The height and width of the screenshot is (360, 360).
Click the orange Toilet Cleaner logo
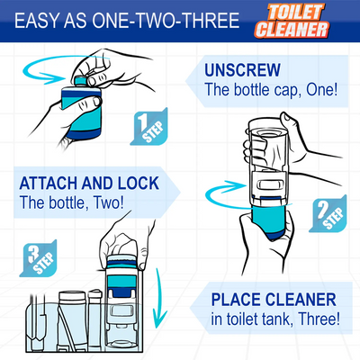pyautogui.click(x=292, y=21)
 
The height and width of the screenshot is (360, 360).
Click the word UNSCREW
pyautogui.click(x=242, y=70)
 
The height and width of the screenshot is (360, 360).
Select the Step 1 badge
pyautogui.click(x=148, y=127)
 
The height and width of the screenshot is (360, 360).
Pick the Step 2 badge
pyautogui.click(x=328, y=213)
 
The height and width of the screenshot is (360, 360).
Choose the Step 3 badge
pyautogui.click(x=38, y=258)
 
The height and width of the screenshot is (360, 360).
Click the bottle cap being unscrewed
pyautogui.click(x=80, y=81)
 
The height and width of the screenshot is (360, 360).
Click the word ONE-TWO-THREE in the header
pyautogui.click(x=166, y=21)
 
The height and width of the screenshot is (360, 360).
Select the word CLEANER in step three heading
pyautogui.click(x=301, y=300)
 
